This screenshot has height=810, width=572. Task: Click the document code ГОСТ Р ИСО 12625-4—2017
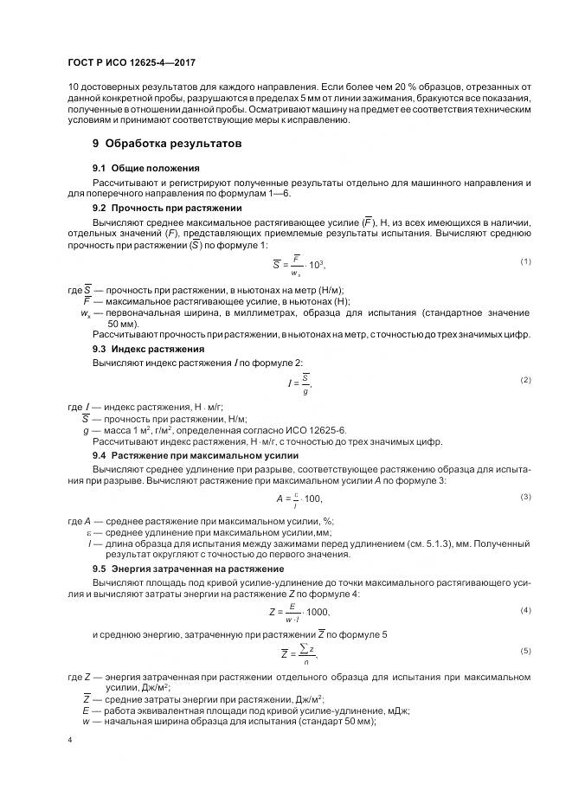(126, 63)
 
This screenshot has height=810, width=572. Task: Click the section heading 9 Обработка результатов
(167, 142)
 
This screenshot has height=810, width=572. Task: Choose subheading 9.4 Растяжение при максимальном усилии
(196, 454)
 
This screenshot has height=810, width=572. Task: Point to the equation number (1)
(525, 261)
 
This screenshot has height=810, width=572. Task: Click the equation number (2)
(525, 380)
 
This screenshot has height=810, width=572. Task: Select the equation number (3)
(525, 497)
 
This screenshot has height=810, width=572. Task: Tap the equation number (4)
(525, 611)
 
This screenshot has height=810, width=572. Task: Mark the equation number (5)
(525, 650)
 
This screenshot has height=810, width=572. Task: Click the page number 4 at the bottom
(69, 740)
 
